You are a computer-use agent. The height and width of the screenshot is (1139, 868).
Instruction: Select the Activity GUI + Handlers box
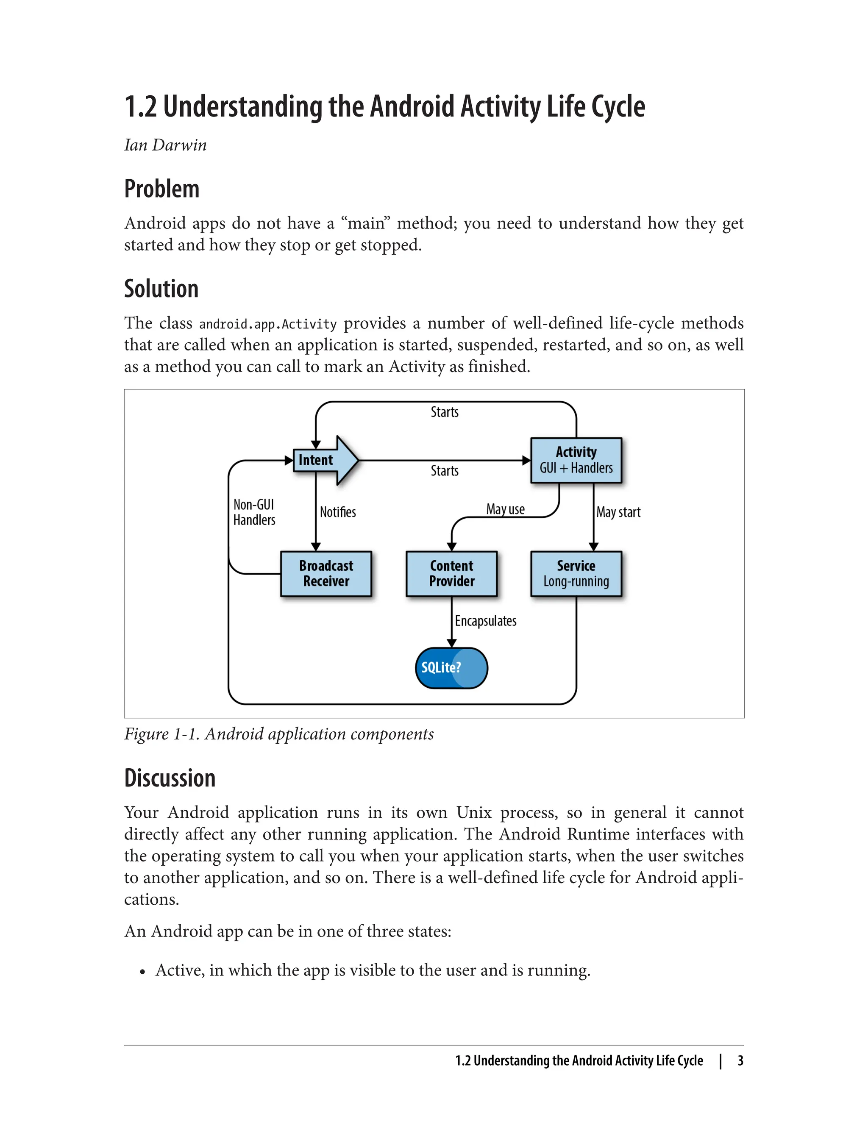pos(576,460)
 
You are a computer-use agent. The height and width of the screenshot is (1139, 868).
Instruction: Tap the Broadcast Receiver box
pos(326,573)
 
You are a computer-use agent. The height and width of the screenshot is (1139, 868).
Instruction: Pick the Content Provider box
pos(451,573)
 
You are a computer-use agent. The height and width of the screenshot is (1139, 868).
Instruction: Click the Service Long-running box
pos(576,573)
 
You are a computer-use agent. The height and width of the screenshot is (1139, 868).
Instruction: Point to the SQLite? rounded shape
pos(451,667)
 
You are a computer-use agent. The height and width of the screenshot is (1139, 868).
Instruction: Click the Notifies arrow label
pos(337,512)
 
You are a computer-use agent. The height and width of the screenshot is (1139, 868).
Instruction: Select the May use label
pos(505,509)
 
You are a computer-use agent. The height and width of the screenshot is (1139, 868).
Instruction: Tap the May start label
pos(618,512)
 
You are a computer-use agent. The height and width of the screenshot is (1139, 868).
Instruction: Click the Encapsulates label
pos(485,620)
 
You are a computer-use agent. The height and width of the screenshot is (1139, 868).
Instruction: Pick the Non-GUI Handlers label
pos(254,512)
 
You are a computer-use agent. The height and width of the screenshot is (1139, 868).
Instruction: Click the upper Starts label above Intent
pos(444,412)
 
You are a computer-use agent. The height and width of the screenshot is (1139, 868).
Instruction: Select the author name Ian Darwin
pos(165,145)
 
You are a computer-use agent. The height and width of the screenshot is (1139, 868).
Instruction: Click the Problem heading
pos(162,189)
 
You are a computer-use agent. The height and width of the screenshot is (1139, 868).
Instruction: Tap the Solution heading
pos(161,289)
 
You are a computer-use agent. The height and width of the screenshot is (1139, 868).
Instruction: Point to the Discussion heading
pos(170,778)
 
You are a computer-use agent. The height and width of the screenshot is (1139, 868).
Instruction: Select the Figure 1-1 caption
pos(278,734)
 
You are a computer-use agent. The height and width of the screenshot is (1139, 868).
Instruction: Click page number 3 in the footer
pos(740,1061)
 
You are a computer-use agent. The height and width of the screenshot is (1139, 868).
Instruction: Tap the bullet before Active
pos(142,972)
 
